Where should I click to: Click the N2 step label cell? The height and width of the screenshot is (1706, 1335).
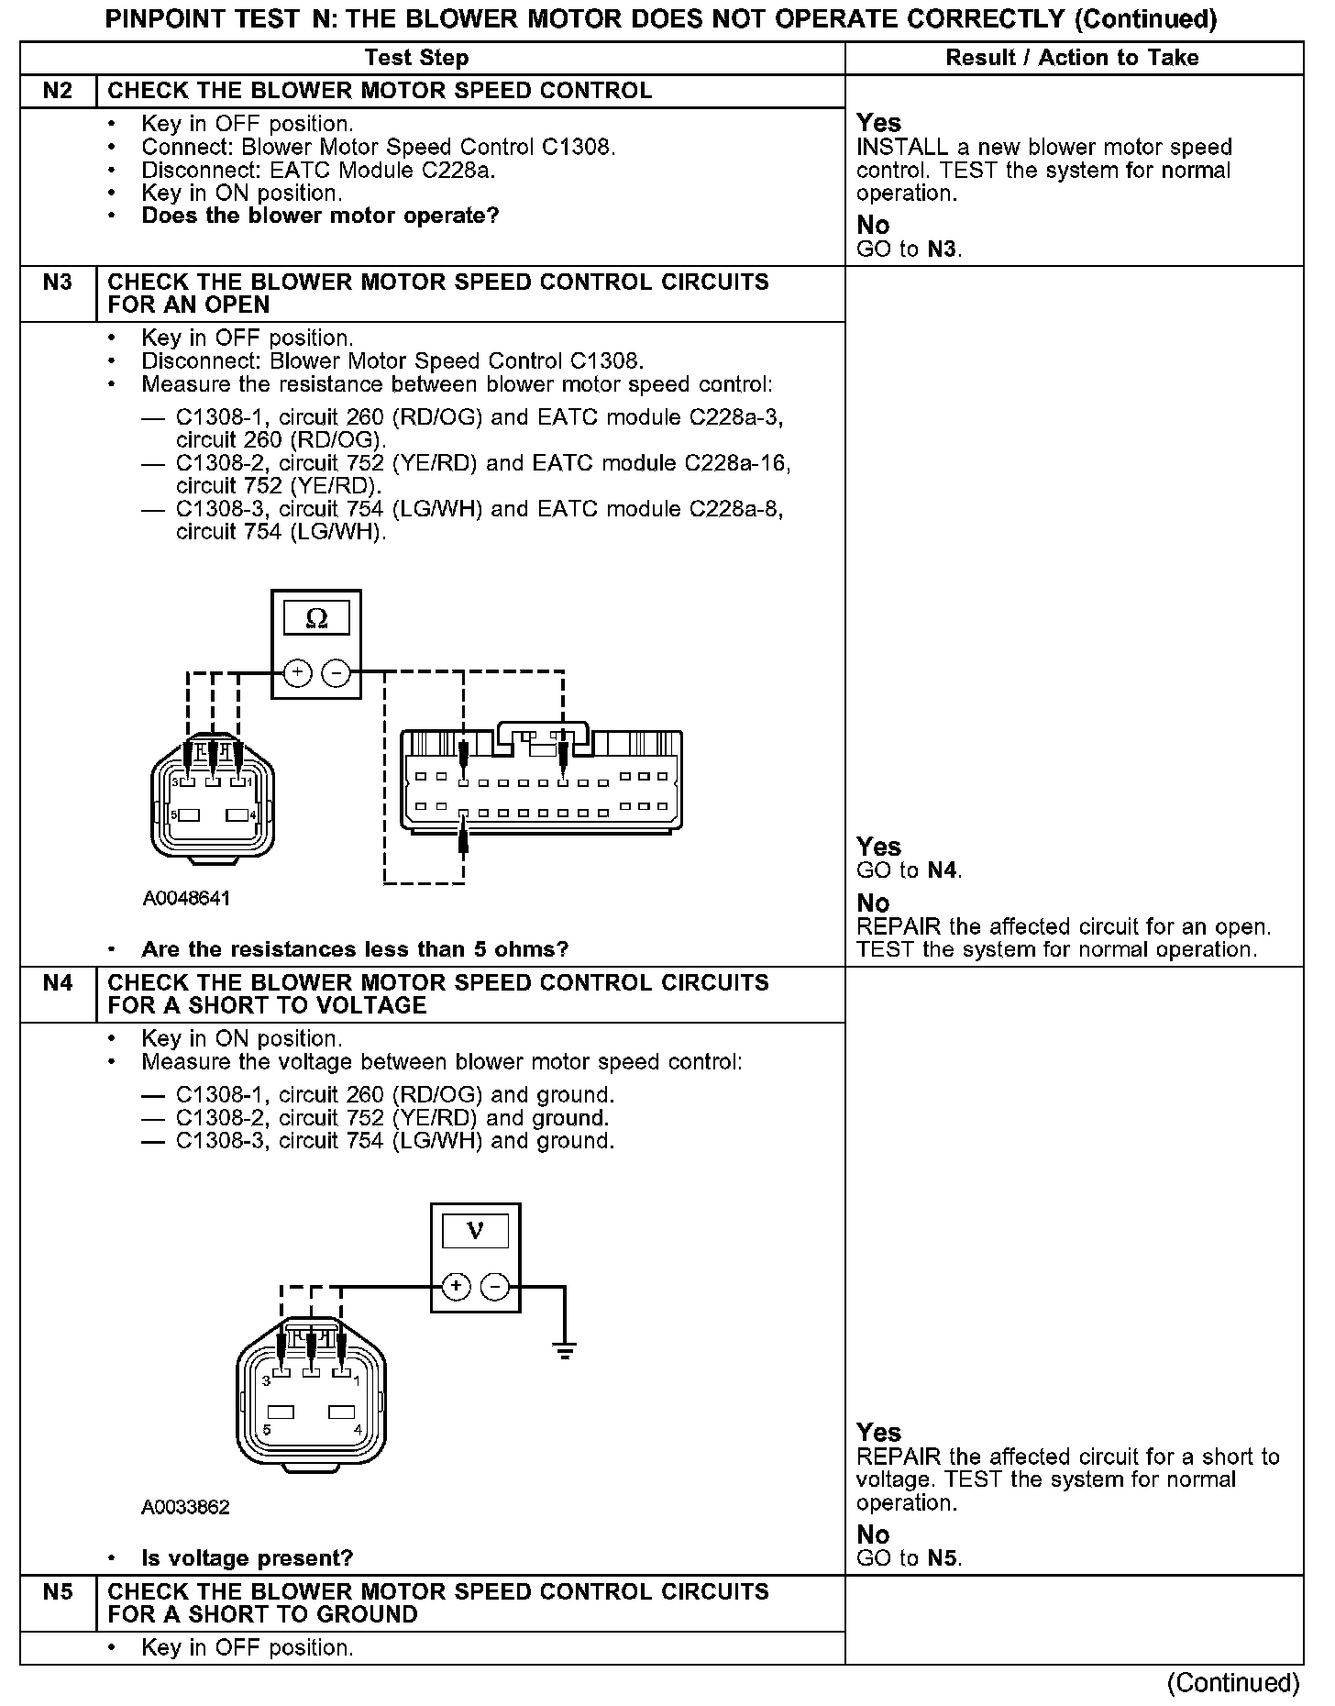pyautogui.click(x=57, y=91)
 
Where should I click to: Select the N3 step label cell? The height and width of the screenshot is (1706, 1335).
pyautogui.click(x=57, y=282)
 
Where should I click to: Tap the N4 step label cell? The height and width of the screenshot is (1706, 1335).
pyautogui.click(x=57, y=983)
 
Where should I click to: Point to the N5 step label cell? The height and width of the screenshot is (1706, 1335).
pyautogui.click(x=57, y=1592)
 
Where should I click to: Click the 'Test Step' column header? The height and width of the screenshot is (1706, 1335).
pyautogui.click(x=416, y=58)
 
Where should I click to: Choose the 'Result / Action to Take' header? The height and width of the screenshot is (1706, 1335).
pyautogui.click(x=1072, y=58)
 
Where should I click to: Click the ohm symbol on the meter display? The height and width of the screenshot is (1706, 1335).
pyautogui.click(x=315, y=619)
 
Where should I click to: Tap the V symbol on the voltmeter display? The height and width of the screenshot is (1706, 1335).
pyautogui.click(x=475, y=1231)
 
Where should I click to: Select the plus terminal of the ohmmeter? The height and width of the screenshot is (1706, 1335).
pyautogui.click(x=296, y=673)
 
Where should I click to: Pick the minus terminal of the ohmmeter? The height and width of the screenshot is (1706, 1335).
pyautogui.click(x=337, y=673)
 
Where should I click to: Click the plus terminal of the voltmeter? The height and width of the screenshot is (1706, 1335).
pyautogui.click(x=456, y=1286)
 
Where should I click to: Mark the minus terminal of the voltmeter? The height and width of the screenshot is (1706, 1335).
pyautogui.click(x=495, y=1286)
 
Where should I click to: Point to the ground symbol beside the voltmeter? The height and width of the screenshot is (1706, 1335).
pyautogui.click(x=565, y=1348)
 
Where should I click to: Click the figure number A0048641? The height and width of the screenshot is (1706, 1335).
pyautogui.click(x=186, y=899)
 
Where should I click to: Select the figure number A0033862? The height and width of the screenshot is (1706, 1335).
pyautogui.click(x=185, y=1508)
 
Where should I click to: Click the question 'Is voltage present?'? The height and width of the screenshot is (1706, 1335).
pyautogui.click(x=247, y=1558)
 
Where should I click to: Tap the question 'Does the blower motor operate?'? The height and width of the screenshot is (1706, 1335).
pyautogui.click(x=320, y=216)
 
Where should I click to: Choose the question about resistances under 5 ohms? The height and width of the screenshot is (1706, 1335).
pyautogui.click(x=355, y=949)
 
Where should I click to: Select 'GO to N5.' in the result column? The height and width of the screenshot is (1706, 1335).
pyautogui.click(x=909, y=1558)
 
